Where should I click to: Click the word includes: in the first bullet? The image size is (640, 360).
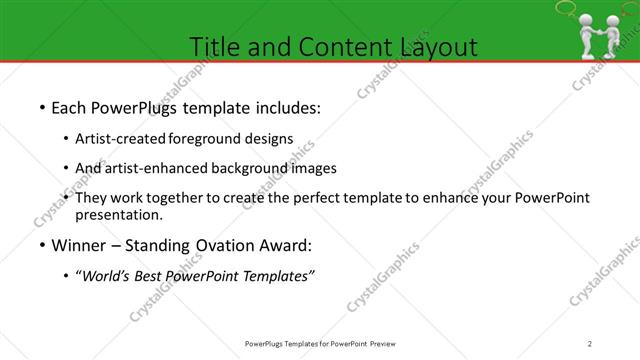286,107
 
